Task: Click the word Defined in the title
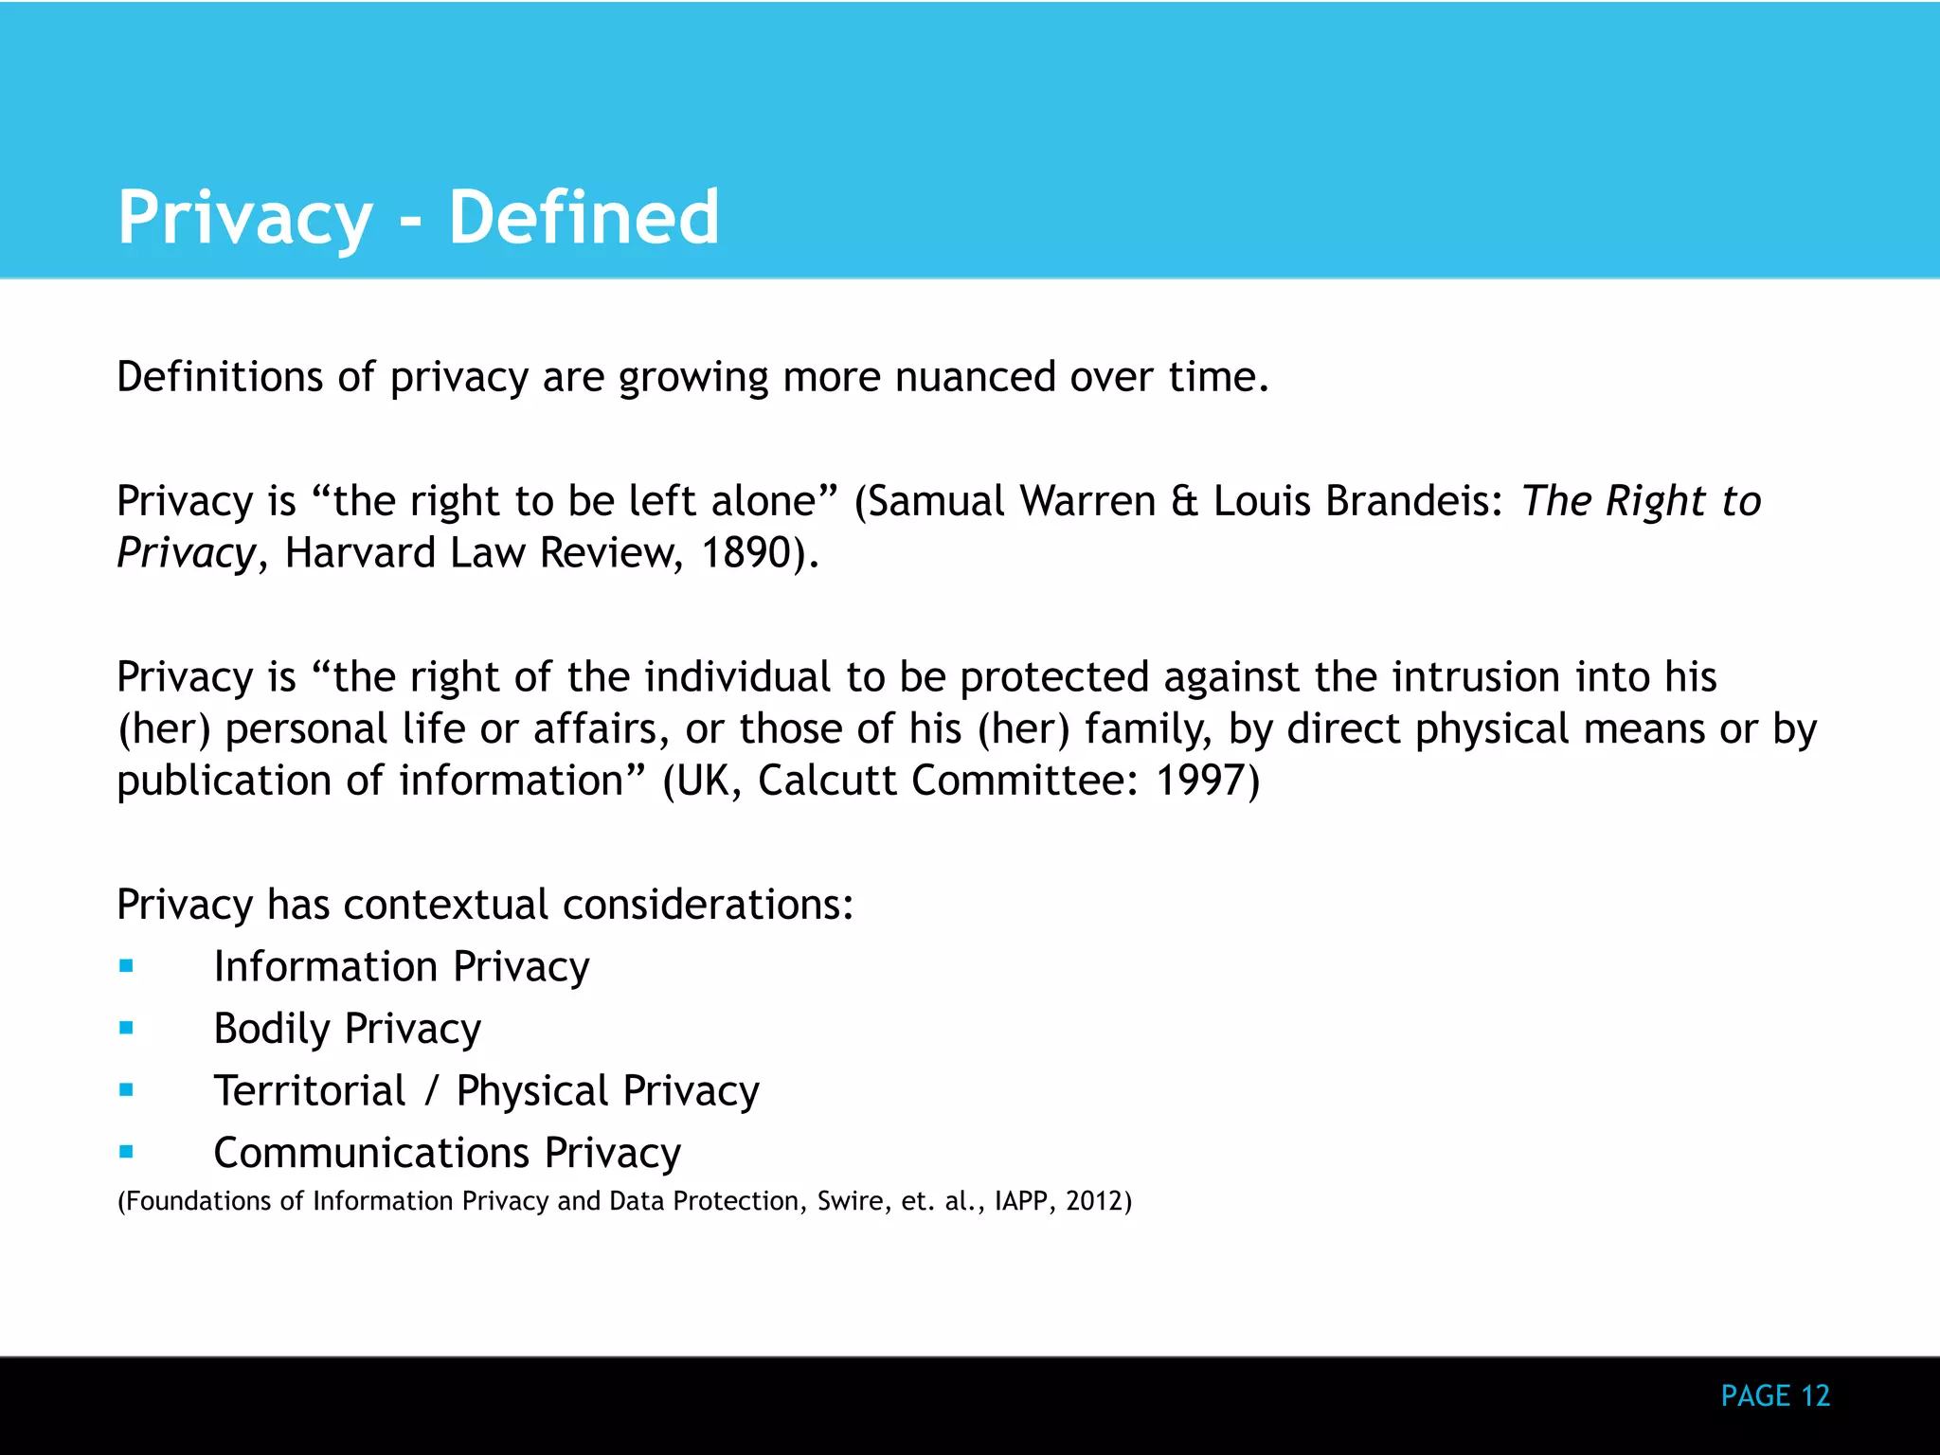coord(584,217)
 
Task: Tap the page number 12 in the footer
coord(1815,1395)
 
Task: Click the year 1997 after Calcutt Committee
coord(1199,781)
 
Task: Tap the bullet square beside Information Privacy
coord(127,966)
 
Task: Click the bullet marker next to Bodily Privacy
coord(127,1028)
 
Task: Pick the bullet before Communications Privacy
coord(127,1152)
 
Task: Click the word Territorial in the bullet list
coord(310,1090)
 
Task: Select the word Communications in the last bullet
coord(371,1153)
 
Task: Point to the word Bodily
coord(272,1029)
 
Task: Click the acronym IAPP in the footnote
coord(1021,1201)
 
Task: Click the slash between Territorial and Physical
coord(432,1090)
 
